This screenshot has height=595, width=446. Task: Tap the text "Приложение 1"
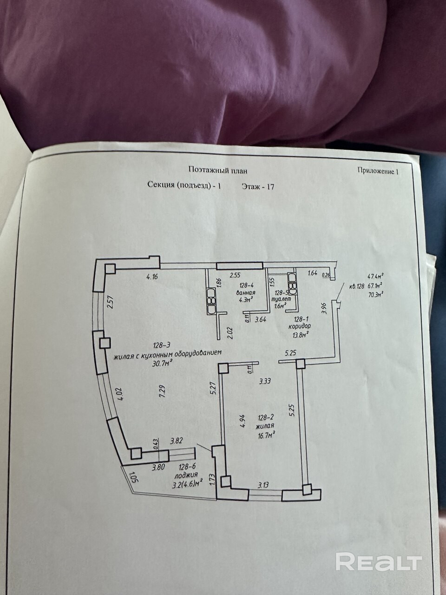coord(378,171)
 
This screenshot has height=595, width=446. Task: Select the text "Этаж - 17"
coord(258,187)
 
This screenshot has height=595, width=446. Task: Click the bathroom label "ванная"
coord(246,293)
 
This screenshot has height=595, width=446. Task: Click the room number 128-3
coord(162,345)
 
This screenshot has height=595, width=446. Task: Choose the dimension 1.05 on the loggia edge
coord(134,478)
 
